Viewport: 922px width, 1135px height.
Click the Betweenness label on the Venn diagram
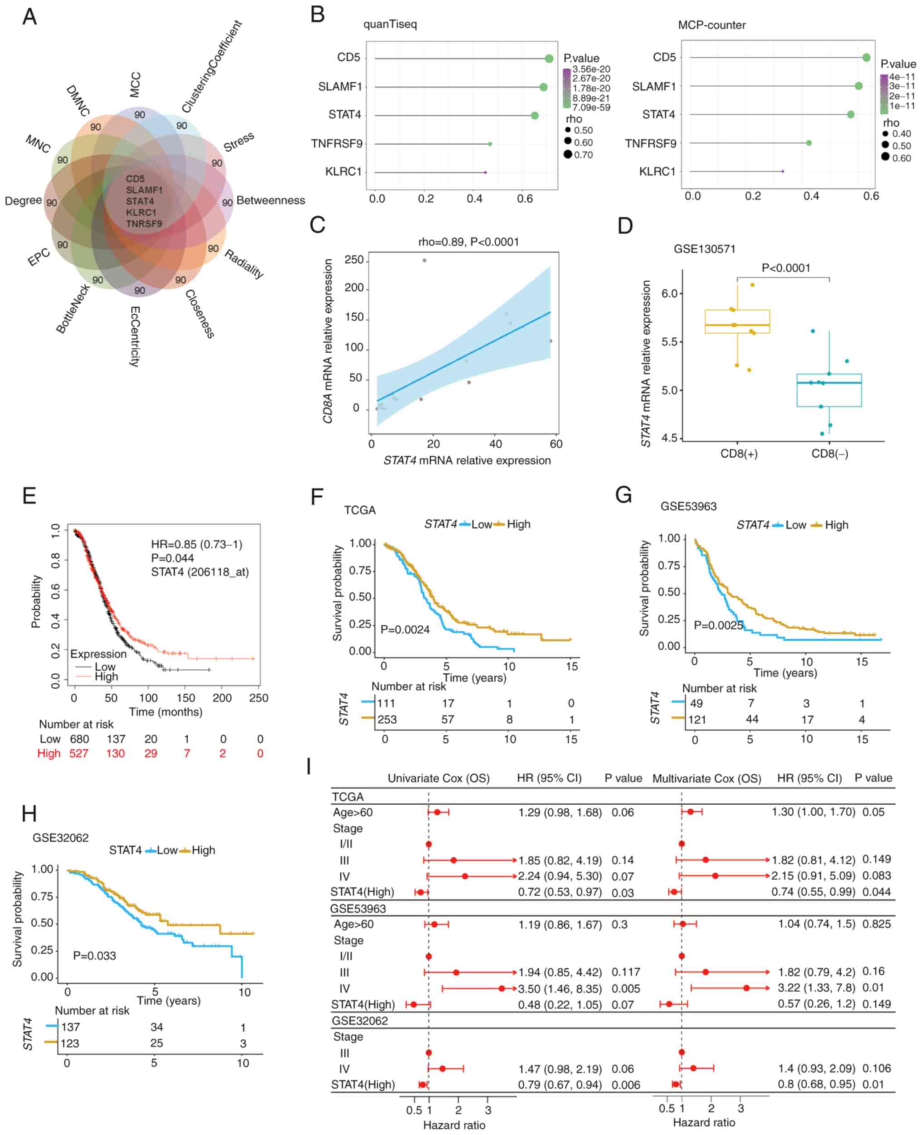(x=270, y=200)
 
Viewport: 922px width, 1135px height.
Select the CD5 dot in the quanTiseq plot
(x=549, y=59)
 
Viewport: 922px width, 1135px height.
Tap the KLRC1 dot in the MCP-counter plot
(x=783, y=171)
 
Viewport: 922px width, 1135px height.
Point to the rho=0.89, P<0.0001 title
(x=468, y=242)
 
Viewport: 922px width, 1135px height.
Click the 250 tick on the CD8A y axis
(x=354, y=260)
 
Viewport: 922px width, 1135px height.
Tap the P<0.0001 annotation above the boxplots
(x=786, y=268)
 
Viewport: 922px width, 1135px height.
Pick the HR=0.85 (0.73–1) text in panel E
(x=196, y=544)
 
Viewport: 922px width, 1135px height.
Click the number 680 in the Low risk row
(x=79, y=739)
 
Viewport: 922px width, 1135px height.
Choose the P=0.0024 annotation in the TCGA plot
(x=405, y=630)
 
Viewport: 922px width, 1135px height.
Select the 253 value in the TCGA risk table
(x=387, y=720)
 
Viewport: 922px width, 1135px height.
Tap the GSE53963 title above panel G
(x=688, y=506)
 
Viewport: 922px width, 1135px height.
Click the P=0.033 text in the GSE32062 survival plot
(x=94, y=955)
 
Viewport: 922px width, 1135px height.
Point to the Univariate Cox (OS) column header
(x=438, y=779)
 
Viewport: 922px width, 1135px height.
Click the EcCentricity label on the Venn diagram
(x=134, y=336)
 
